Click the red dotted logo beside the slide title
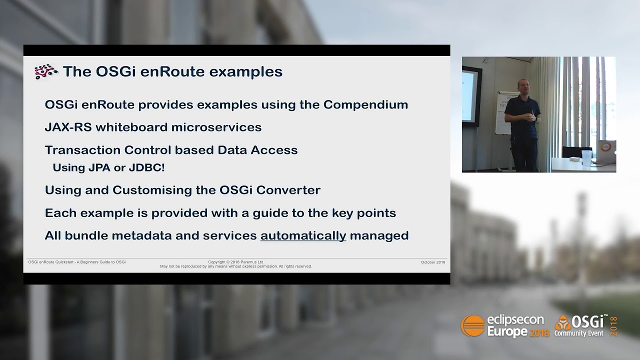(x=46, y=72)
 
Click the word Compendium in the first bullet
(x=365, y=105)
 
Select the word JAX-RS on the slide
(x=68, y=127)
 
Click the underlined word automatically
(x=303, y=235)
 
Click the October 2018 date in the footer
(x=432, y=262)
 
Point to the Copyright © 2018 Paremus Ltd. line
(x=235, y=262)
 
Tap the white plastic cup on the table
(x=586, y=157)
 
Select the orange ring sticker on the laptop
(x=606, y=147)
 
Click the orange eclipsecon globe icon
(x=472, y=326)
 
